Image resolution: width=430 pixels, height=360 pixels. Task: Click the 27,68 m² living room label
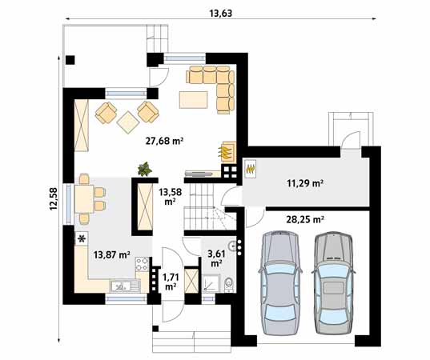[x=164, y=140]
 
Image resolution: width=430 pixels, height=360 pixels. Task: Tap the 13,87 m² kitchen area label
[x=111, y=255]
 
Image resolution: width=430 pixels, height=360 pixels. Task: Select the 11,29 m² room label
[x=305, y=183]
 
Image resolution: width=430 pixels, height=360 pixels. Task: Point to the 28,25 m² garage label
[x=305, y=218]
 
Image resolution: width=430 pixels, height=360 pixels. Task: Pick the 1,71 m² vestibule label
[x=170, y=282]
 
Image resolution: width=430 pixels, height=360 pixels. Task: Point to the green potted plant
[x=145, y=168]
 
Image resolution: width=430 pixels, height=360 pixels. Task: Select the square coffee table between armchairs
[x=127, y=121]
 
